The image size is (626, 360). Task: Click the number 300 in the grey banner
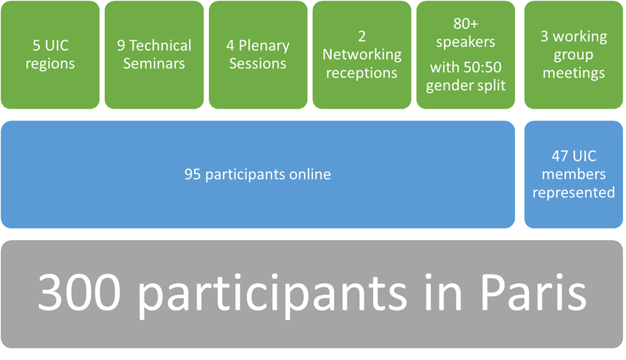point(79,292)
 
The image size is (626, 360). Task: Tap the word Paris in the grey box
point(533,292)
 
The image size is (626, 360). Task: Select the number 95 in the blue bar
point(192,174)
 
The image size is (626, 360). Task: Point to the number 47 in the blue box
point(560,156)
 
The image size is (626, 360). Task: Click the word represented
point(574,193)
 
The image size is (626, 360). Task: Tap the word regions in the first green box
point(50,64)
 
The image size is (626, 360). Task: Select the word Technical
point(160,45)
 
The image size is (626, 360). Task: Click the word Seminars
point(154,64)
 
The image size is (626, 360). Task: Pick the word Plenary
point(264,46)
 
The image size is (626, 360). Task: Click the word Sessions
point(258,64)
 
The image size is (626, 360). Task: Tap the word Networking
point(362,55)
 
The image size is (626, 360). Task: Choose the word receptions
point(362,73)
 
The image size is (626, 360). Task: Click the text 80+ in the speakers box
point(466,24)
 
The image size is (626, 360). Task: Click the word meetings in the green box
point(574,73)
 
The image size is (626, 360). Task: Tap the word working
point(580,37)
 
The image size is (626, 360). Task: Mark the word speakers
point(466,42)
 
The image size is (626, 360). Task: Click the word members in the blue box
point(574,174)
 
